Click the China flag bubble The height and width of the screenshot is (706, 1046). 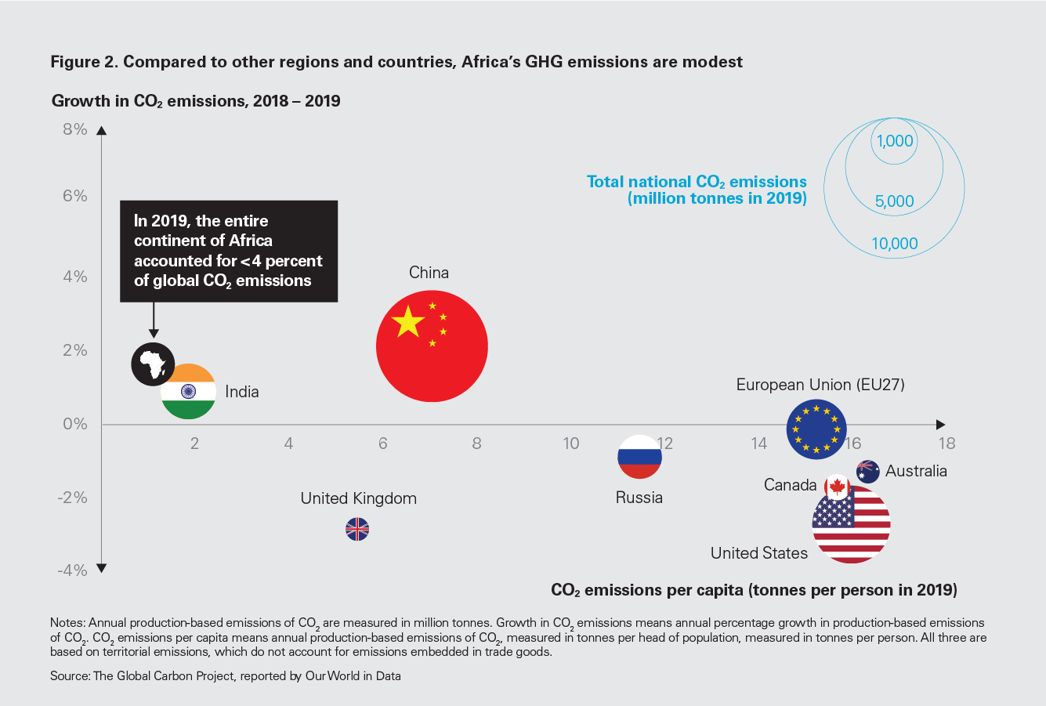[432, 346]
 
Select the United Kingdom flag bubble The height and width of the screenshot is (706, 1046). [357, 530]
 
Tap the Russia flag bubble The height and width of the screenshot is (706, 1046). [639, 457]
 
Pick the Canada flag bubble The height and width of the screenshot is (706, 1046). [837, 487]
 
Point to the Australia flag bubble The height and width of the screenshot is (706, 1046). [867, 471]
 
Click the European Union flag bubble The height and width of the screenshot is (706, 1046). [816, 429]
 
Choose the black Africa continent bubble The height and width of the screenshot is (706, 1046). [153, 364]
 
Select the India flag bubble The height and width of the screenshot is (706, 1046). [188, 392]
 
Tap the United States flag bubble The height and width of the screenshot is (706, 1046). [852, 523]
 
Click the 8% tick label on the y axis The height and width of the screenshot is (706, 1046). [75, 129]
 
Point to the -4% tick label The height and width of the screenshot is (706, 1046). [72, 570]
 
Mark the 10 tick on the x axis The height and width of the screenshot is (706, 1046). [570, 444]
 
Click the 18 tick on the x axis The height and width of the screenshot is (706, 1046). [946, 444]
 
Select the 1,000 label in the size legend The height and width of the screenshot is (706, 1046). [895, 141]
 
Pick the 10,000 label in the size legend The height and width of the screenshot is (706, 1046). [895, 244]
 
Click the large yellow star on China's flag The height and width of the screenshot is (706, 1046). [407, 321]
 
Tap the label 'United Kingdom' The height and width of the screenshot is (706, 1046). [358, 498]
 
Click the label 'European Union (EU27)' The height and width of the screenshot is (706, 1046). [820, 385]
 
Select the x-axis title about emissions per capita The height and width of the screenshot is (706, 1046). [754, 590]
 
